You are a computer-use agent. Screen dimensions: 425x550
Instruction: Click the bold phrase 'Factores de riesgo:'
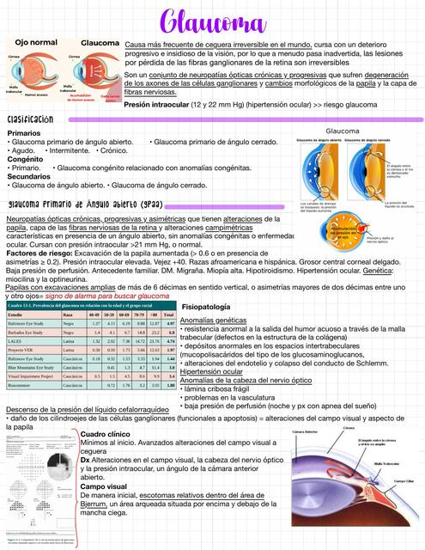click(39, 254)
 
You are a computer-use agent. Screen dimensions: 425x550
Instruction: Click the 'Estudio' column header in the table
click(19, 315)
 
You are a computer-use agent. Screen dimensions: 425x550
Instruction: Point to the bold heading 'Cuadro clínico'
click(105, 435)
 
